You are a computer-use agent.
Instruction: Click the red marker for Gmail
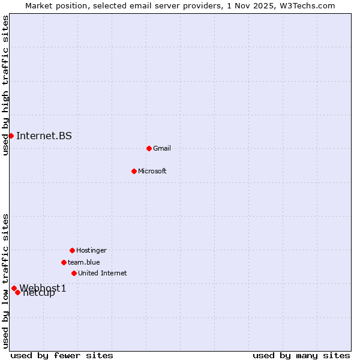149,148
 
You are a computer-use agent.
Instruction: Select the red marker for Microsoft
134,171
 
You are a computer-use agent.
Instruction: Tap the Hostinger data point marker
72,250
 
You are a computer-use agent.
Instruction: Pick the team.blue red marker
64,262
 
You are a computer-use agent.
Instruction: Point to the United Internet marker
74,273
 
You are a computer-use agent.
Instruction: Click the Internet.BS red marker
11,136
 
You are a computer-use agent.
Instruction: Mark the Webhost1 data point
14,288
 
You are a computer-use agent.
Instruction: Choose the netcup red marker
18,292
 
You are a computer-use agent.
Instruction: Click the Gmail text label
162,148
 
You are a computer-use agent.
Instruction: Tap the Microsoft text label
152,171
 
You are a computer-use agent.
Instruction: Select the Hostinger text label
91,250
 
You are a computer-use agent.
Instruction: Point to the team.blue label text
84,262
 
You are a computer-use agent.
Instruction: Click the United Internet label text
103,273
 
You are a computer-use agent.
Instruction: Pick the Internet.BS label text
44,136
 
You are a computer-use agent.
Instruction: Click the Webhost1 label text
43,288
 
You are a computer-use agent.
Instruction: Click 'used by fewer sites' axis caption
62,355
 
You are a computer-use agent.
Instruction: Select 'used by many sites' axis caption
301,355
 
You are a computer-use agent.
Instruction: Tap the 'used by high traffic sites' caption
5,85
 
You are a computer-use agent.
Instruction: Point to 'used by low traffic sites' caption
5,281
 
